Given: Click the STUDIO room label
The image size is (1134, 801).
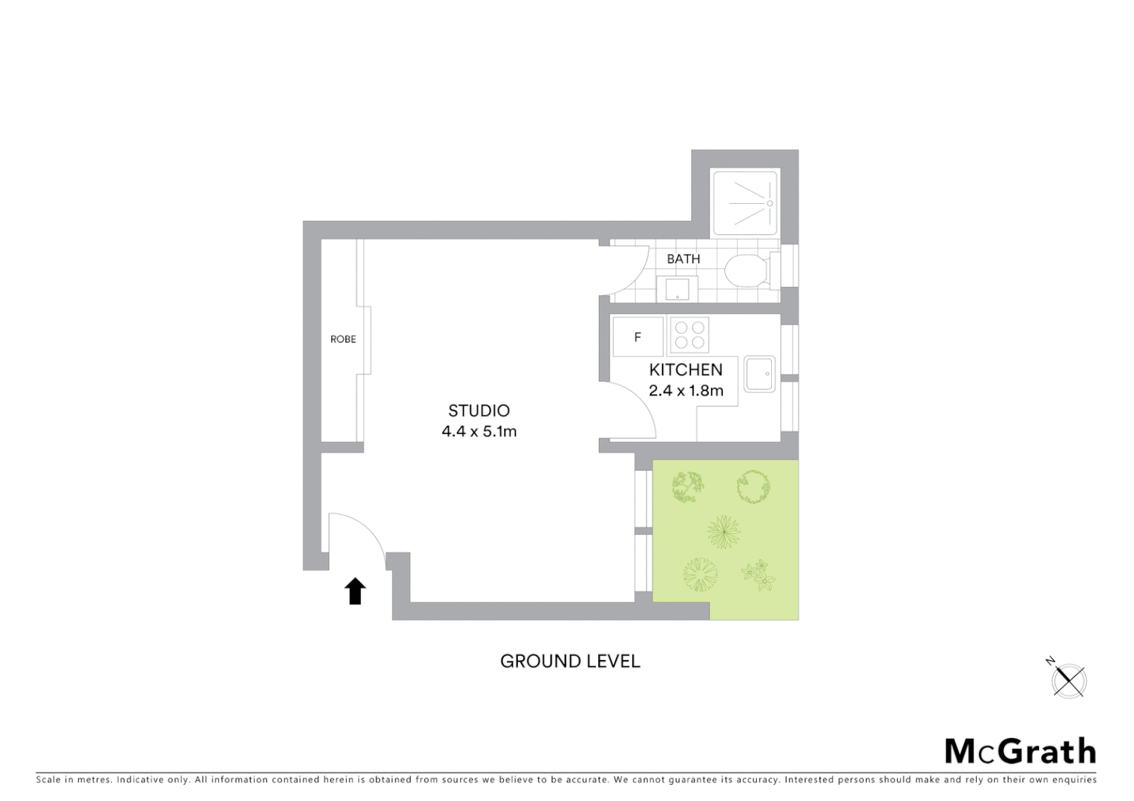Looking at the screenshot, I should coord(479,411).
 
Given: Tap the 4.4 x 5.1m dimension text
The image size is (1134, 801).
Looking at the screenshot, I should coord(479,431).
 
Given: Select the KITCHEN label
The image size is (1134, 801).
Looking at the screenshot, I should coord(686,369).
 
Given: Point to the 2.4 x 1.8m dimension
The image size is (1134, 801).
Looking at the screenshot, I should coord(686,390).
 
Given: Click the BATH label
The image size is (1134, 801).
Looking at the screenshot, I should coord(683,259).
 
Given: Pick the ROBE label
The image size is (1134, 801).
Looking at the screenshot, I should coord(343,339).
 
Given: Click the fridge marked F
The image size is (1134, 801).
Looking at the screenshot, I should coord(638,337).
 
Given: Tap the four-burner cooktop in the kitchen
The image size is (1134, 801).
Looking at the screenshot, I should coord(689,334).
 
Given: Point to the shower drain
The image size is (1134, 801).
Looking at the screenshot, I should coord(770,202).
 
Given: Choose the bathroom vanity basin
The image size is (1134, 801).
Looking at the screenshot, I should coord(677,289).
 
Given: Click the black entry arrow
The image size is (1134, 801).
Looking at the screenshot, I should coord(355,591).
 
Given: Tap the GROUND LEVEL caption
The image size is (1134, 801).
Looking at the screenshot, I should coord(570,661).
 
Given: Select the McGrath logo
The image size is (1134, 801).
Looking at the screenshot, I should coord(1020,751).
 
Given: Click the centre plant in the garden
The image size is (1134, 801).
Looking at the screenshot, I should coord(724,532).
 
